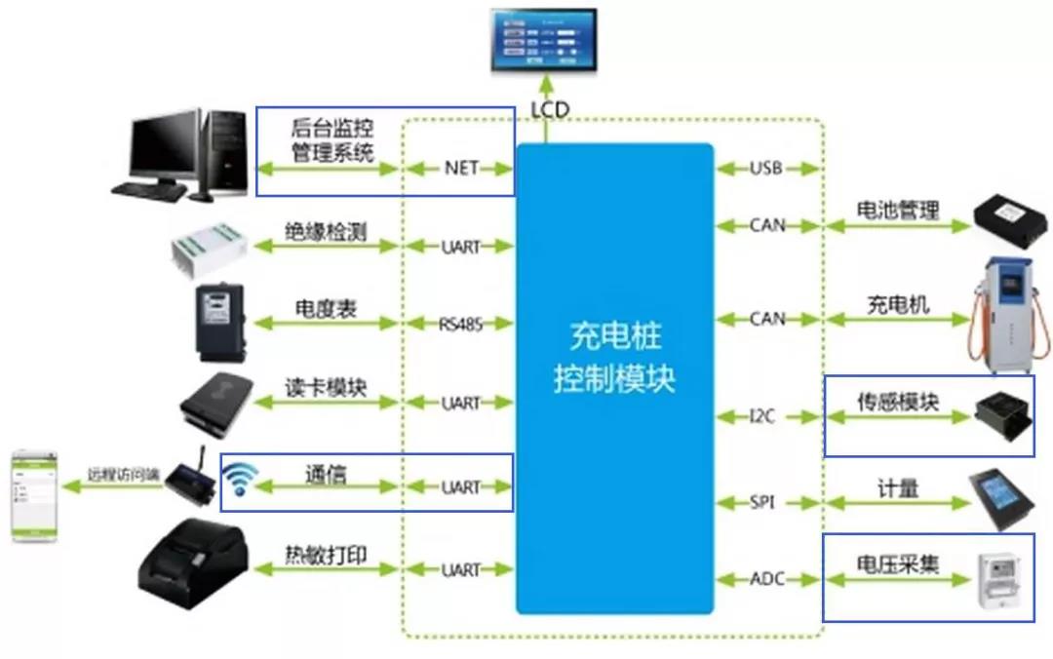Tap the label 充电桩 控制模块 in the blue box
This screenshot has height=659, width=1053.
[614, 358]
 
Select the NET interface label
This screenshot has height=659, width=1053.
[461, 168]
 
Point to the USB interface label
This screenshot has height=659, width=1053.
[765, 168]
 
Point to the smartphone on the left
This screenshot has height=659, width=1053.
[35, 495]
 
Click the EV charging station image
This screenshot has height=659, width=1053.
[1008, 312]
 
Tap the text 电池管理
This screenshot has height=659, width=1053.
[897, 210]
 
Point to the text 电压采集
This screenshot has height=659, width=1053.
[897, 564]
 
